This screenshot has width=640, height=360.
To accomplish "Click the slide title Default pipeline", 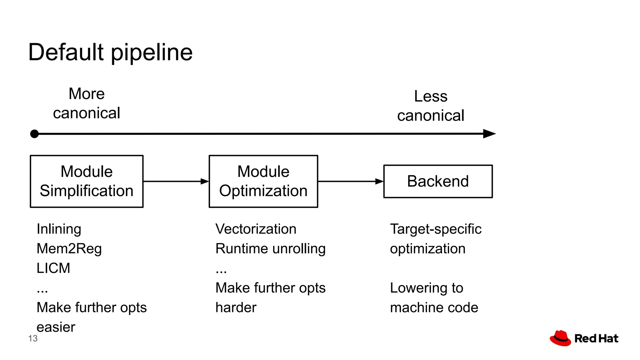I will (110, 52).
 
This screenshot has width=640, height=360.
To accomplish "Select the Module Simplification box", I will (87, 181).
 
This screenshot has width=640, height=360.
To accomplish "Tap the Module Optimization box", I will (263, 181).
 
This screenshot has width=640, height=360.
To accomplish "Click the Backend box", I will (438, 181).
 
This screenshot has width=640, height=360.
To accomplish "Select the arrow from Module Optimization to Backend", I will (350, 181).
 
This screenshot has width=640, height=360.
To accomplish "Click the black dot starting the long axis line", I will (34, 134).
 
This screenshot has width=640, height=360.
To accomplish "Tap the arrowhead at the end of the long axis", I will (489, 134).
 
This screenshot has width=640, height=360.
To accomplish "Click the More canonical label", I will (87, 103).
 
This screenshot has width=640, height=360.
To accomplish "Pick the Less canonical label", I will (431, 106).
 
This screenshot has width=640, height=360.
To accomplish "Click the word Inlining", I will (59, 229).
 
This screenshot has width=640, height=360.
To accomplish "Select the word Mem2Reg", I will (69, 249).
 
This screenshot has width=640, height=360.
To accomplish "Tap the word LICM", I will (53, 268).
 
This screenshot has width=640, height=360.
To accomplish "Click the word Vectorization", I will (256, 229).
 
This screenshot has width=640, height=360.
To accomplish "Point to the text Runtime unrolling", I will (270, 249).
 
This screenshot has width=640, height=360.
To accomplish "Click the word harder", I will (236, 307).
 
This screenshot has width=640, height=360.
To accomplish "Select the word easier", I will (56, 327).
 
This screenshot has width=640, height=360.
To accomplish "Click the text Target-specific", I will (436, 229).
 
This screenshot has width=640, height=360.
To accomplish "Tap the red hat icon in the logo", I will (560, 338).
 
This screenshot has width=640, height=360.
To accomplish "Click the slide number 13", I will (33, 338).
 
